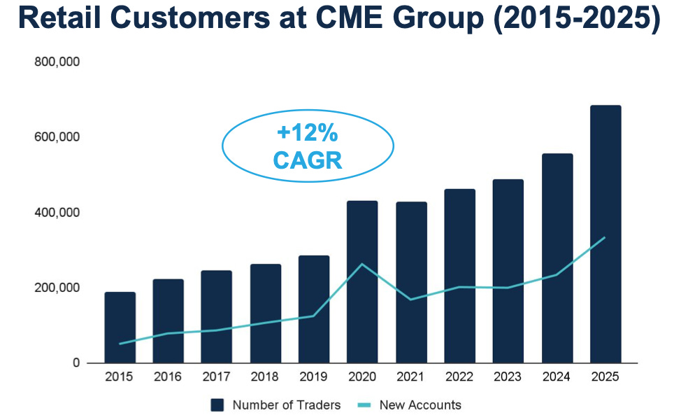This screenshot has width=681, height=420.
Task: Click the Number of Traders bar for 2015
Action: pyautogui.click(x=120, y=328)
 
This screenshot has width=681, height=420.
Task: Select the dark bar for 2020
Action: pyautogui.click(x=362, y=281)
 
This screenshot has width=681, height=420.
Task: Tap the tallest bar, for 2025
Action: pyautogui.click(x=605, y=234)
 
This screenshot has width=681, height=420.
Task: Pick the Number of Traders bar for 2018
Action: pyautogui.click(x=266, y=314)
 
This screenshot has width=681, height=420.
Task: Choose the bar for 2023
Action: pyautogui.click(x=508, y=271)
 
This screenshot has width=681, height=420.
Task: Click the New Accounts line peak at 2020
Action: pyautogui.click(x=362, y=264)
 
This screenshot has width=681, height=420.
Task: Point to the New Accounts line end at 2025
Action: pyautogui.click(x=605, y=237)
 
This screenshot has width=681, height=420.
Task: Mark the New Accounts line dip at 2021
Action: pyautogui.click(x=410, y=300)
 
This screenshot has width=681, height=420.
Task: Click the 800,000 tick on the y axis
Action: pyautogui.click(x=57, y=62)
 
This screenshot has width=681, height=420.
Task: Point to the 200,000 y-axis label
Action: pyautogui.click(x=57, y=288)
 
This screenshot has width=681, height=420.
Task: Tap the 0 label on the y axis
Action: pyautogui.click(x=76, y=363)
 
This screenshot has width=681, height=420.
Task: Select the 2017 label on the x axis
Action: pyautogui.click(x=216, y=377)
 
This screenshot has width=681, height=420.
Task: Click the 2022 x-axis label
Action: pyautogui.click(x=459, y=377)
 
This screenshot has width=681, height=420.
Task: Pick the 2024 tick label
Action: pyautogui.click(x=557, y=377)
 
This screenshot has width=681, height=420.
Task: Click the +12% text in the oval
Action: pyautogui.click(x=308, y=132)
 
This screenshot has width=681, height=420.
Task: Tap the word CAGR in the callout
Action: pyautogui.click(x=308, y=160)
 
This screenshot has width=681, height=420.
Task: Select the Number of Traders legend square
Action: pyautogui.click(x=217, y=405)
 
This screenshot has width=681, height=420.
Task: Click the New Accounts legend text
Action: pyautogui.click(x=420, y=405)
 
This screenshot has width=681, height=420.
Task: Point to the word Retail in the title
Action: pyautogui.click(x=60, y=17)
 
